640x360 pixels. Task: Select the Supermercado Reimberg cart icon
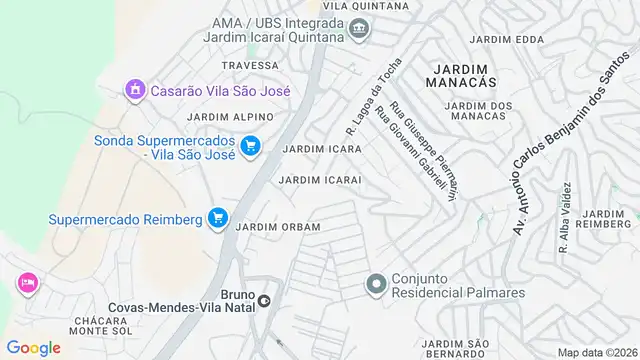click(x=217, y=218)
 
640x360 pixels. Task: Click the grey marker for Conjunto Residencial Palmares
click(x=376, y=284)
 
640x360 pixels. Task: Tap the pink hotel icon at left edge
click(x=25, y=283)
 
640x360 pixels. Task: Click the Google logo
click(x=33, y=347)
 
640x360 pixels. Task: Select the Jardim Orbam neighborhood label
click(x=278, y=227)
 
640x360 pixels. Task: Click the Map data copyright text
click(x=596, y=352)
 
